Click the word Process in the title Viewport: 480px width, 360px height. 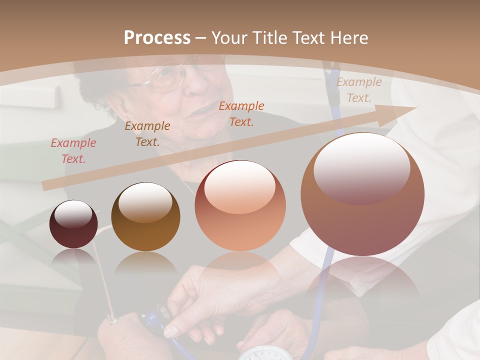tap(157, 38)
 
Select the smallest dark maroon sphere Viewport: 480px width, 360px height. tap(73, 224)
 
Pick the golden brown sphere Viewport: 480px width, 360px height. tap(145, 216)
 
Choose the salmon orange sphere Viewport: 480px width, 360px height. tap(240, 205)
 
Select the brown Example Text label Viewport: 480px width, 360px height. tap(147, 134)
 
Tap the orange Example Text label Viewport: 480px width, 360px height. tap(241, 113)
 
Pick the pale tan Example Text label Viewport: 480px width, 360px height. tap(359, 90)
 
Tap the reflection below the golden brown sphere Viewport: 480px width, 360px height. tap(145, 263)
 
